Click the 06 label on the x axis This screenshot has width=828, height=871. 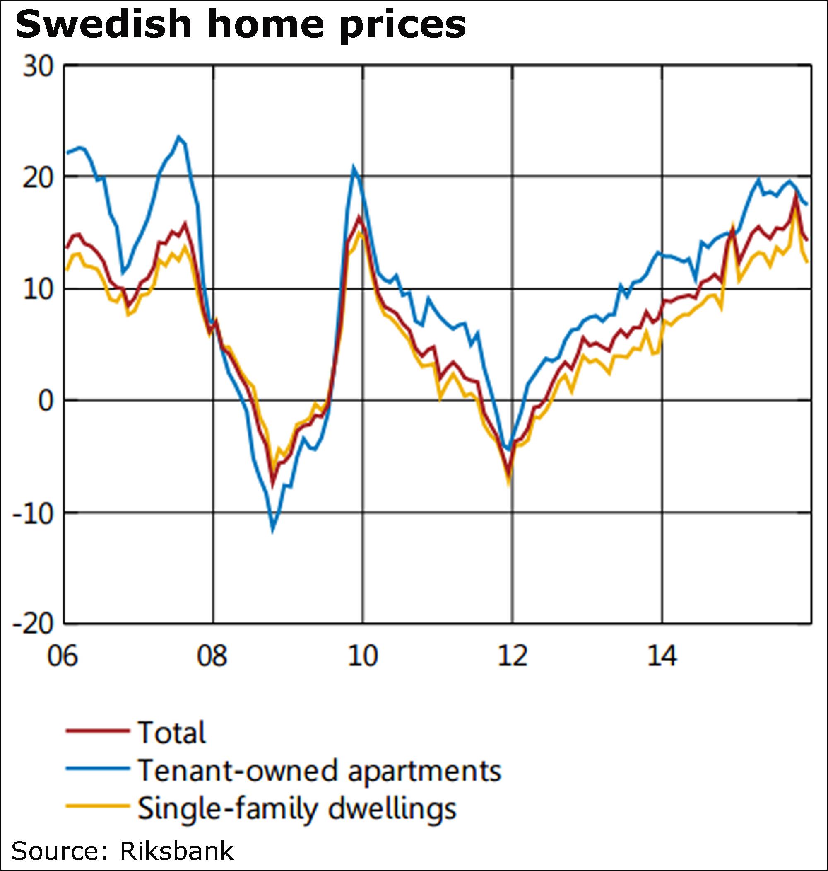(x=63, y=656)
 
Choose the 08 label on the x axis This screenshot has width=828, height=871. (x=212, y=656)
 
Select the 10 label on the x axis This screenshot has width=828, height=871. (x=362, y=656)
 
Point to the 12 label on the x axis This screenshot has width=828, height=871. (x=513, y=656)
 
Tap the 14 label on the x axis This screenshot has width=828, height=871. (x=662, y=656)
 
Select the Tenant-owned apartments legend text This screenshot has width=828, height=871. (x=320, y=770)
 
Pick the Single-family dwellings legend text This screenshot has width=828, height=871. (x=297, y=809)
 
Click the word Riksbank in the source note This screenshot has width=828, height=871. (x=176, y=851)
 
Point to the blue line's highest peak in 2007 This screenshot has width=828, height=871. (x=178, y=137)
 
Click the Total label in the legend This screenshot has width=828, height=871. (x=172, y=732)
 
